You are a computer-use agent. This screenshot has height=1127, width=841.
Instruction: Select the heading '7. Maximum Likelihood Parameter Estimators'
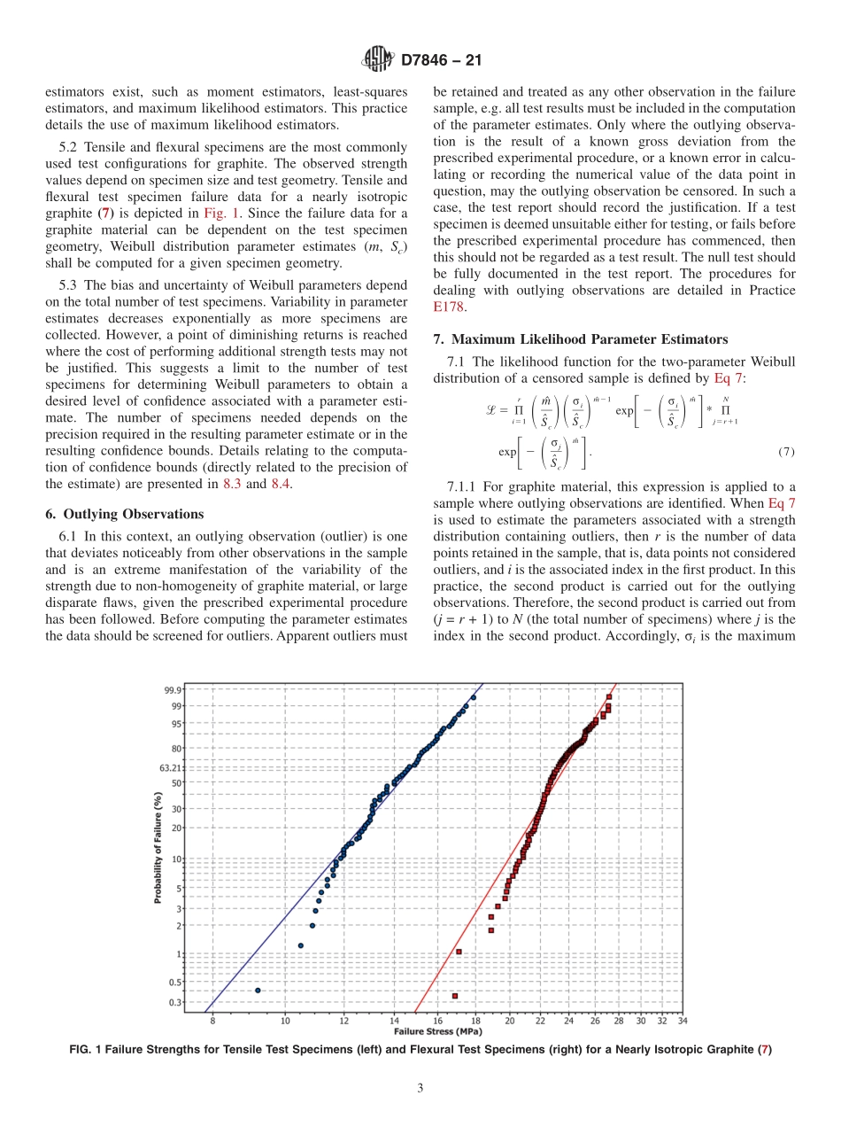(x=580, y=339)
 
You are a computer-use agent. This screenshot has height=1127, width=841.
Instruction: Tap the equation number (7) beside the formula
(x=786, y=452)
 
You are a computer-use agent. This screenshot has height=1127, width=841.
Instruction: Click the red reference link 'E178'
(x=449, y=307)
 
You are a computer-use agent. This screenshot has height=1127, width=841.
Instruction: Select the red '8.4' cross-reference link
(x=281, y=483)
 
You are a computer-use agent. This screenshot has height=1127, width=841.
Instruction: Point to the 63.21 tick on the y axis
(x=171, y=768)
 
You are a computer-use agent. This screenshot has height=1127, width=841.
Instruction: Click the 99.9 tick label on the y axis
(x=173, y=690)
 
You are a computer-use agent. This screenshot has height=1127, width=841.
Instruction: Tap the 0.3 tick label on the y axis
(x=175, y=1002)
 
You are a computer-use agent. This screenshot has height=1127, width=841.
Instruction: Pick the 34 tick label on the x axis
(x=683, y=1021)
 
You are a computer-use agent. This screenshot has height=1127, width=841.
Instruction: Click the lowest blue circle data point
(x=258, y=990)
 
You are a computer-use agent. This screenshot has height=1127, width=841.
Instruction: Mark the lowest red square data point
(x=455, y=996)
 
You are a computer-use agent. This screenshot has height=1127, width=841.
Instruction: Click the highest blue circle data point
(x=474, y=697)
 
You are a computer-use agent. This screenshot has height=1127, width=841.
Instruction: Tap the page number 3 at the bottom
(x=420, y=1088)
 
